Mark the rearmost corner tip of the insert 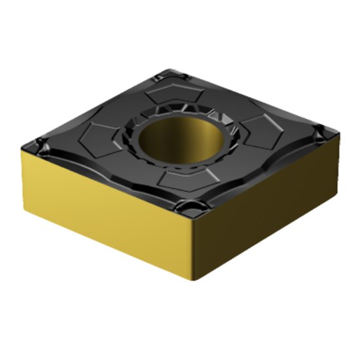point(172,68)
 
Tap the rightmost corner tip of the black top point(338,133)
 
